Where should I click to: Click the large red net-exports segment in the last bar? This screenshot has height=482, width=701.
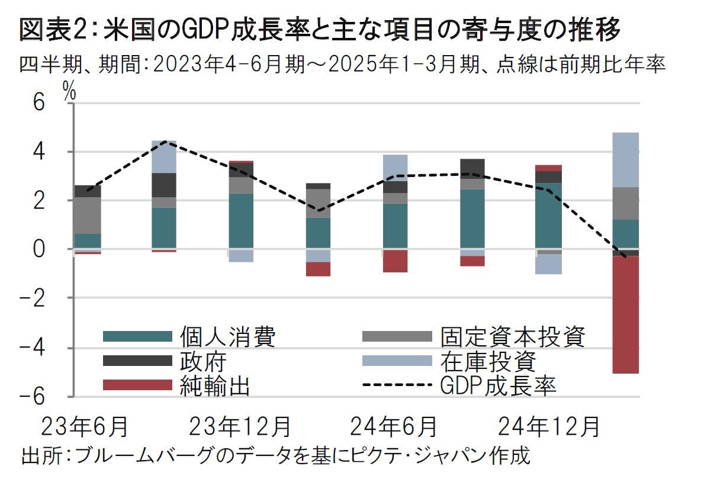pos(626,314)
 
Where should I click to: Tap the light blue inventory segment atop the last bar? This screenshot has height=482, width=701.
pos(626,160)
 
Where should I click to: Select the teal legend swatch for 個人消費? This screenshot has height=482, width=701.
pos(137,336)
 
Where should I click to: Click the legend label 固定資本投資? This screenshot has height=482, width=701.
pos(512,336)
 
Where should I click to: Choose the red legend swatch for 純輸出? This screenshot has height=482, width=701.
pos(137,385)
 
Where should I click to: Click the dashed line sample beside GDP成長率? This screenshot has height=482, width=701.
pos(395,385)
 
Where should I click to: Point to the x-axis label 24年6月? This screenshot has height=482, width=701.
pos(394,427)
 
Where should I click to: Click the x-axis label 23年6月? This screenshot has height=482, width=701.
pos(85,427)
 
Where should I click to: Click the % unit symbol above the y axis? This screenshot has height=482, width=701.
pos(70,92)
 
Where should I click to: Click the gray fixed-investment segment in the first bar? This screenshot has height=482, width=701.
pos(87,215)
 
